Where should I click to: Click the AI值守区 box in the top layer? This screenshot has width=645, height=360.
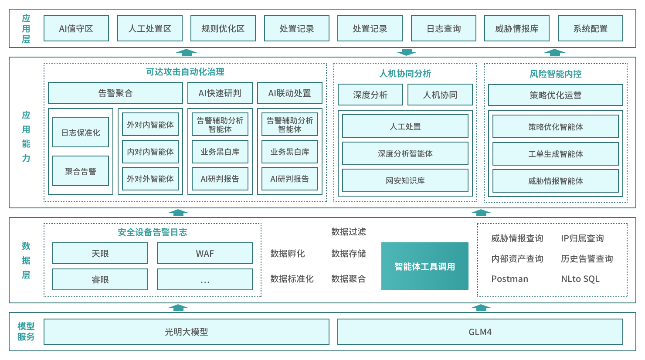(76, 29)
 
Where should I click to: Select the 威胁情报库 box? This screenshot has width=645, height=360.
(517, 29)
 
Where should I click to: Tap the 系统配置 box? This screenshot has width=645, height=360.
(591, 29)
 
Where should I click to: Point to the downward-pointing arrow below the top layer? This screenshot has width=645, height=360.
(407, 52)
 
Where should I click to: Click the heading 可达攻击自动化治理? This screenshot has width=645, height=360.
(185, 72)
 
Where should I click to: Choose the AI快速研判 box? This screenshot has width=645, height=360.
(220, 93)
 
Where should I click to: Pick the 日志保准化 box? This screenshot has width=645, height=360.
(81, 132)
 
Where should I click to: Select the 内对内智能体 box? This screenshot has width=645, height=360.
(150, 152)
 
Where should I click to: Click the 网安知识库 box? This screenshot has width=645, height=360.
(405, 180)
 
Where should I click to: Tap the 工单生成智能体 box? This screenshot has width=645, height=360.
(556, 154)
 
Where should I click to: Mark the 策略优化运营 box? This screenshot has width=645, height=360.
(556, 95)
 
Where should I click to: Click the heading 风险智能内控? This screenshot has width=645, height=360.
(556, 74)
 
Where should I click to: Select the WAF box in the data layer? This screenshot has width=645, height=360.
(205, 253)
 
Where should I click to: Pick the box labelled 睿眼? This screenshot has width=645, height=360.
(100, 279)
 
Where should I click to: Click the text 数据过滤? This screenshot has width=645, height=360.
(349, 232)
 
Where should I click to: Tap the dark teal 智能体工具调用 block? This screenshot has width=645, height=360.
(425, 266)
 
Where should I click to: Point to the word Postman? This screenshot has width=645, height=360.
(509, 279)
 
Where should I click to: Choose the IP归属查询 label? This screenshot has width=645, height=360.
(582, 238)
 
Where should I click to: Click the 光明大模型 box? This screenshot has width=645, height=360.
(187, 332)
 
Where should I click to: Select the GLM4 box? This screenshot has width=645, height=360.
(480, 332)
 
